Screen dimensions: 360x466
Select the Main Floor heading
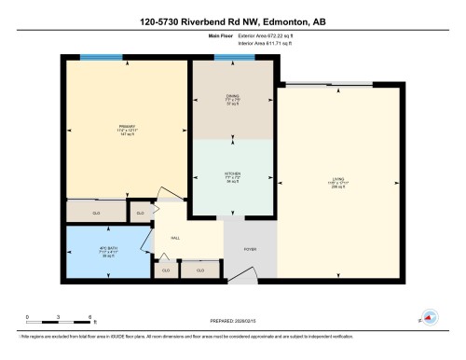tap(220, 35)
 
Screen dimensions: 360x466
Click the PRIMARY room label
tap(127, 126)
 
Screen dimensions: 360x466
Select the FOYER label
tap(250, 250)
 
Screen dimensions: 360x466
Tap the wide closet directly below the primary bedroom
tap(96, 213)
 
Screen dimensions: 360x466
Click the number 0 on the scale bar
tap(27, 318)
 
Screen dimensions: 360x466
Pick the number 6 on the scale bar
tap(89, 318)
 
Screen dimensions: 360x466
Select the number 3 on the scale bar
tap(58, 318)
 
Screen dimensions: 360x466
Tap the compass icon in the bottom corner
tap(430, 316)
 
